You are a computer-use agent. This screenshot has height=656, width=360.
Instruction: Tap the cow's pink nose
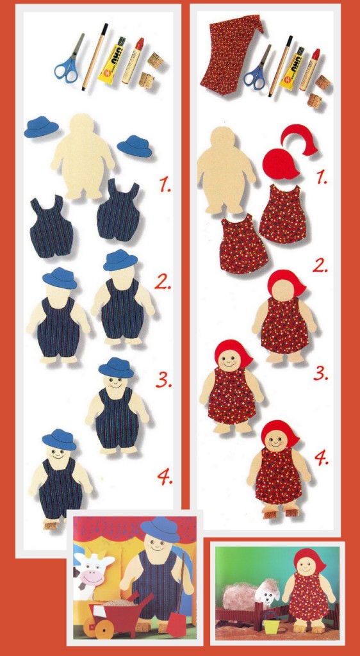point(92,578)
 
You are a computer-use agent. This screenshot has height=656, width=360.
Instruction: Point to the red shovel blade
point(175,625)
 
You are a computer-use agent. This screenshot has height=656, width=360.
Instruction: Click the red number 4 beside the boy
point(165,477)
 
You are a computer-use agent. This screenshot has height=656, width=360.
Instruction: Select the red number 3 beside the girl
point(321,373)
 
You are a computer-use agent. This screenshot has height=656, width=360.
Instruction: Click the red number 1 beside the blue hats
point(165,184)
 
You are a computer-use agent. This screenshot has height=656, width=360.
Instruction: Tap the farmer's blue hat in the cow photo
point(160,529)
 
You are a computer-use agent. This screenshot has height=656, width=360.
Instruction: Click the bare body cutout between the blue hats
point(83,156)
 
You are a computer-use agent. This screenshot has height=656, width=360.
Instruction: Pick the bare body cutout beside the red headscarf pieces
point(226,169)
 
